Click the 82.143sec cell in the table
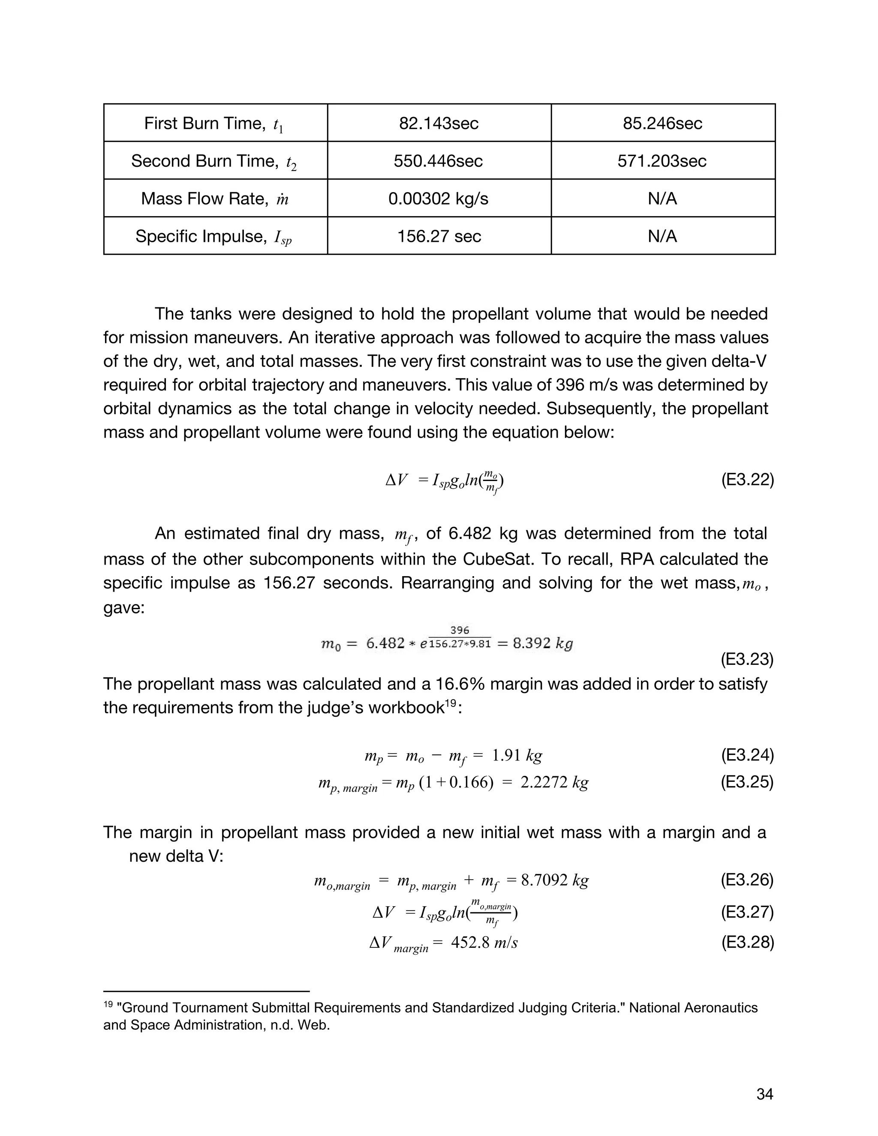pos(439,123)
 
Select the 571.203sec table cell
pos(662,161)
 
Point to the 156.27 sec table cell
pos(439,237)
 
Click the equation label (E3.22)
pos(747,480)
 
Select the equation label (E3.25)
pos(747,782)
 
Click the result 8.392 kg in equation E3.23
pos(542,643)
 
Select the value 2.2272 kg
pos(554,782)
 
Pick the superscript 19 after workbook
pos(451,703)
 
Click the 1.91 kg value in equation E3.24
pos(516,755)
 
